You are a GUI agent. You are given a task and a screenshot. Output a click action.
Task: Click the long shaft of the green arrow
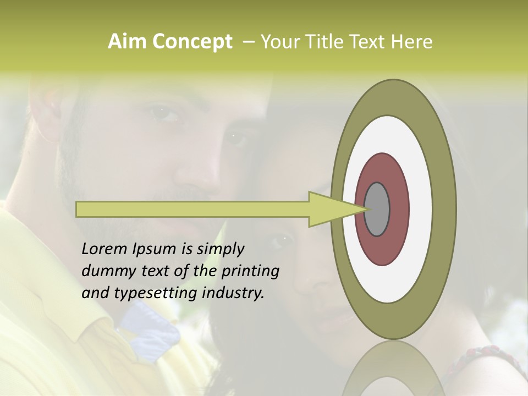[193, 209]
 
